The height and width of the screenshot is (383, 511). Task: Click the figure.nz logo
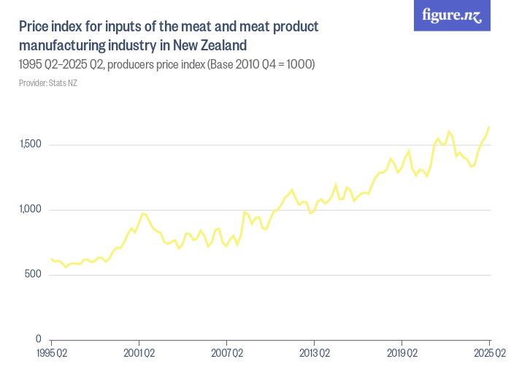coord(452,16)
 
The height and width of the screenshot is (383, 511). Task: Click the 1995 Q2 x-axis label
coord(52,354)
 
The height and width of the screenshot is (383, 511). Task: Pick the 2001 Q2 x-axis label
coord(139,354)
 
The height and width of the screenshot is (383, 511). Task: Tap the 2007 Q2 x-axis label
coord(226,354)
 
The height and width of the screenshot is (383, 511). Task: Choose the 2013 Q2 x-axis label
coord(314,354)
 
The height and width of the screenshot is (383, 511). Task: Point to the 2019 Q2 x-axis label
coord(401,354)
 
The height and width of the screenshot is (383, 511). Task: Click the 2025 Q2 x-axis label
coord(488,354)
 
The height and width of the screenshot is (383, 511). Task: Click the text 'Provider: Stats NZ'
coord(48,83)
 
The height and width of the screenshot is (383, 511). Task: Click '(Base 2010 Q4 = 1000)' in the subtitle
coord(261,65)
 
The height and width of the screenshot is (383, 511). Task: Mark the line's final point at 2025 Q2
coord(489,127)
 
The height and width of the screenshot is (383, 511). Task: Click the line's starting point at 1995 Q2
coord(51,258)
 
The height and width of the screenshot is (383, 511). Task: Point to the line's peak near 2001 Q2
coord(143,213)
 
